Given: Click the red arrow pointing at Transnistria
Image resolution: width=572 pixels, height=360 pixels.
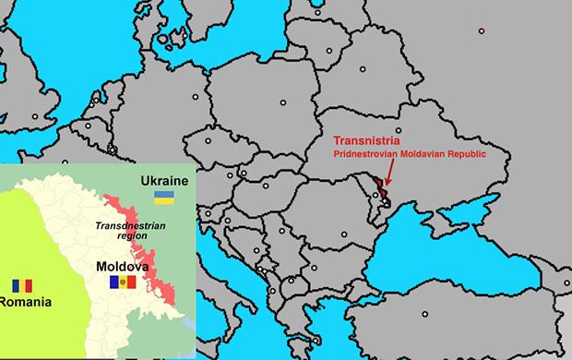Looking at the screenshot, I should tap(389, 173).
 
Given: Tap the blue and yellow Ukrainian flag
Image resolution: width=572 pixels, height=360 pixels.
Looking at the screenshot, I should tap(165, 197).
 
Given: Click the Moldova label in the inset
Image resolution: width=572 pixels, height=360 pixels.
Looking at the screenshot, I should tap(120, 266).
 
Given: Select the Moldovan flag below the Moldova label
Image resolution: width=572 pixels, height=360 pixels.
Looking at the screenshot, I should tap(121, 281).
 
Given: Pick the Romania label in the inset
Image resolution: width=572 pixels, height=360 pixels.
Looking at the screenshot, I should tap(25, 301).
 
